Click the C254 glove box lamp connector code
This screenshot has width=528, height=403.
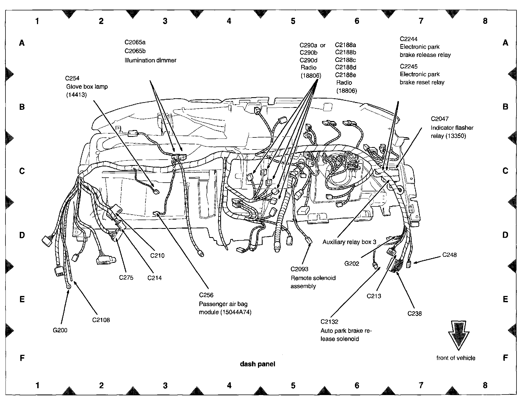pyautogui.click(x=72, y=78)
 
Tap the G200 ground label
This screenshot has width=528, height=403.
pyautogui.click(x=60, y=330)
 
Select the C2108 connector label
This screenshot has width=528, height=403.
pyautogui.click(x=101, y=320)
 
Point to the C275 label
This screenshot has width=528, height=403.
pyautogui.click(x=126, y=278)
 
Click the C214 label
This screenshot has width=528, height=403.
pyautogui.click(x=154, y=278)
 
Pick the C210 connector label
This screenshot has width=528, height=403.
pyautogui.click(x=157, y=255)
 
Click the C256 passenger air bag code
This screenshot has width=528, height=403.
pyautogui.click(x=206, y=295)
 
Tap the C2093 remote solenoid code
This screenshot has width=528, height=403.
pyautogui.click(x=299, y=269)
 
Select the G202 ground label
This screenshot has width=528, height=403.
pyautogui.click(x=352, y=264)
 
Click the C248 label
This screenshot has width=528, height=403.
pyautogui.click(x=449, y=255)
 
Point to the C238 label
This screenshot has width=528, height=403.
pyautogui.click(x=415, y=313)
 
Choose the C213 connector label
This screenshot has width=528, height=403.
pyautogui.click(x=374, y=296)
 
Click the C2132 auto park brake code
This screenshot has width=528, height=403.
pyautogui.click(x=329, y=322)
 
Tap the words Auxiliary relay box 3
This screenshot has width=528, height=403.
pyautogui.click(x=349, y=242)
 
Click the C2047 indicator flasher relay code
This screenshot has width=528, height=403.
pyautogui.click(x=440, y=119)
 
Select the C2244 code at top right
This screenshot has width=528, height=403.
pyautogui.click(x=409, y=39)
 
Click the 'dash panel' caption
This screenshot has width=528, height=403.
pyautogui.click(x=257, y=364)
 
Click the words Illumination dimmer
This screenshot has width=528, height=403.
pyautogui.click(x=150, y=60)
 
